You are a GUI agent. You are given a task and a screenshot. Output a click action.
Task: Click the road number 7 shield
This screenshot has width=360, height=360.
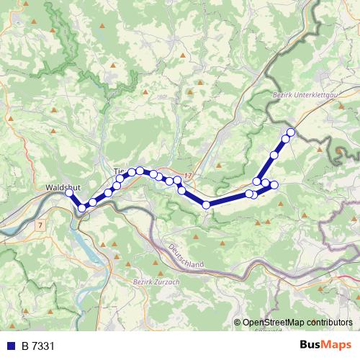42,225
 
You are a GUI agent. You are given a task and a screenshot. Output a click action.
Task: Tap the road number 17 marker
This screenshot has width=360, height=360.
188,175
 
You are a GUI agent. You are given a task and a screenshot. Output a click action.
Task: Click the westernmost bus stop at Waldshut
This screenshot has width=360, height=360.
69,193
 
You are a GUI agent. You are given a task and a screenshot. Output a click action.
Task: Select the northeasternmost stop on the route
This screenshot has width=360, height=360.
291,132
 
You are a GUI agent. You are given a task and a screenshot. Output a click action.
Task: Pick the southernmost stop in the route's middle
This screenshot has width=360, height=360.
207,205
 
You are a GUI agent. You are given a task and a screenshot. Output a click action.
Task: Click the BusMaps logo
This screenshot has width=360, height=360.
325,345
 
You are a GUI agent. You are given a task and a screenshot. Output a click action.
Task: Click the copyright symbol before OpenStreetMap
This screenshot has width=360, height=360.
238,323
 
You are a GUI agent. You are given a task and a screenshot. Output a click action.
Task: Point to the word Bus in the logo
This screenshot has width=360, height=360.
310,345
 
